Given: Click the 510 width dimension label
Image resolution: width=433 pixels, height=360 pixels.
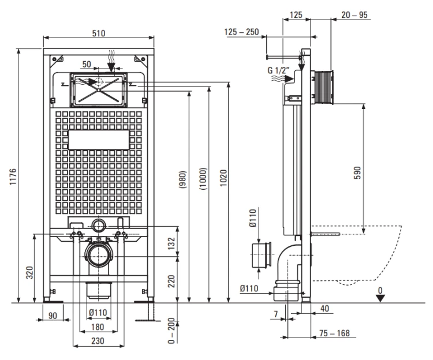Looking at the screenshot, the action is pos(99,33).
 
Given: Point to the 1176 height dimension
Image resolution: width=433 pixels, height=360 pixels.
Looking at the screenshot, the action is pos(13,177).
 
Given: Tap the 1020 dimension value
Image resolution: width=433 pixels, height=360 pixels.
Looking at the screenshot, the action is pos(223,178).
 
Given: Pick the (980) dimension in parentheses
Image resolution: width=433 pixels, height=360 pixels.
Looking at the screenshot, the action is pos(183,179).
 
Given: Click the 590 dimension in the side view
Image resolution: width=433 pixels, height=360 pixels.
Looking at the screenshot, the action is pos(357,172).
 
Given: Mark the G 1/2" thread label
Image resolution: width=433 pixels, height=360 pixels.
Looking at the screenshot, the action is pos(278,70).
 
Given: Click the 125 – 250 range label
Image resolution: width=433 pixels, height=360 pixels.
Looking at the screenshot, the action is pos(242,32).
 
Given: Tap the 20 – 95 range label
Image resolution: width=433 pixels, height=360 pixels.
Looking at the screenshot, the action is pos(354,15).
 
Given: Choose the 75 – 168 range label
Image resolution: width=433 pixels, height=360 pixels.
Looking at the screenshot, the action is pos(334,333).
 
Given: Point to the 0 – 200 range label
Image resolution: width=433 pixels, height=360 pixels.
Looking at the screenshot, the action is pos(171,331).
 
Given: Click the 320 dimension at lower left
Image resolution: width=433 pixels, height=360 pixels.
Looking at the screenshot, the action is pos(29,272).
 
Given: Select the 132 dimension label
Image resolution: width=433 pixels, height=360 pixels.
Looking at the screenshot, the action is pos(171,243).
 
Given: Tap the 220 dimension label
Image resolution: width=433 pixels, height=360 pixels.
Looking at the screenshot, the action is pos(171,281).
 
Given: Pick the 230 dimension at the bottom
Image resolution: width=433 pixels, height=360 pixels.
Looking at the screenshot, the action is pos(98,341).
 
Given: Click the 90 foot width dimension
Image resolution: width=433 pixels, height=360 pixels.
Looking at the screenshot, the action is pos(53,316).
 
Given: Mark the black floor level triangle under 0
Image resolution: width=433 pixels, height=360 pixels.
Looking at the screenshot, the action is pos(380,298).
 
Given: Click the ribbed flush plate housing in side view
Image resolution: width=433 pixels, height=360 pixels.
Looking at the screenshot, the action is pos(322,88).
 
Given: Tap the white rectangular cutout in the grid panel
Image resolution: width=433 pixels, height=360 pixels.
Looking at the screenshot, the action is pos(99,140).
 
